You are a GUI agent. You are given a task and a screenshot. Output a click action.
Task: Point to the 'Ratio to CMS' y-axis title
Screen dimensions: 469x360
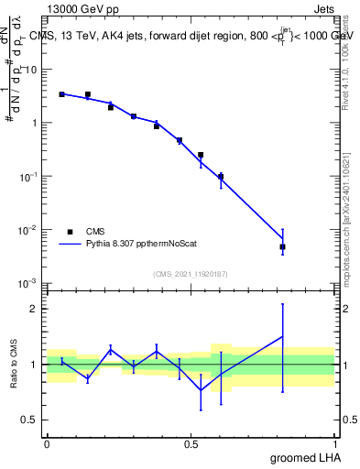coord(15,365)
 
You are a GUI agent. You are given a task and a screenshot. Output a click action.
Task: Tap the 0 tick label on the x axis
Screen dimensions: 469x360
coord(47,442)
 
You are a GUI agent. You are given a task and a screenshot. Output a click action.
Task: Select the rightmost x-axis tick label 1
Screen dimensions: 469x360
coord(334,442)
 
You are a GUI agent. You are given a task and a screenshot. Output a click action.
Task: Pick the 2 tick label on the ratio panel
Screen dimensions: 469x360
coord(35,309)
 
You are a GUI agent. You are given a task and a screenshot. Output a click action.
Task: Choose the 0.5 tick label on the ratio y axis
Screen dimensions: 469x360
coord(30,420)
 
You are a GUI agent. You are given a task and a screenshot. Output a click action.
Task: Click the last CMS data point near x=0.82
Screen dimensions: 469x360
coord(283,246)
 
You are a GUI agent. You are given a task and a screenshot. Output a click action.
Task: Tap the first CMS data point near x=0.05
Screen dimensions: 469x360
coord(61,94)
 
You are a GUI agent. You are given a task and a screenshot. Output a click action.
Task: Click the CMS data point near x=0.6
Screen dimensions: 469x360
coord(221,177)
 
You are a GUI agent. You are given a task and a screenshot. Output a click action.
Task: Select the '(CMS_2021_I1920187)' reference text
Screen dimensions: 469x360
coord(191,274)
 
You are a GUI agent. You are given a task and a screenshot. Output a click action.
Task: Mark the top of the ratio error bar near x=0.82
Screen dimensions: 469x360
coord(283,304)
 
